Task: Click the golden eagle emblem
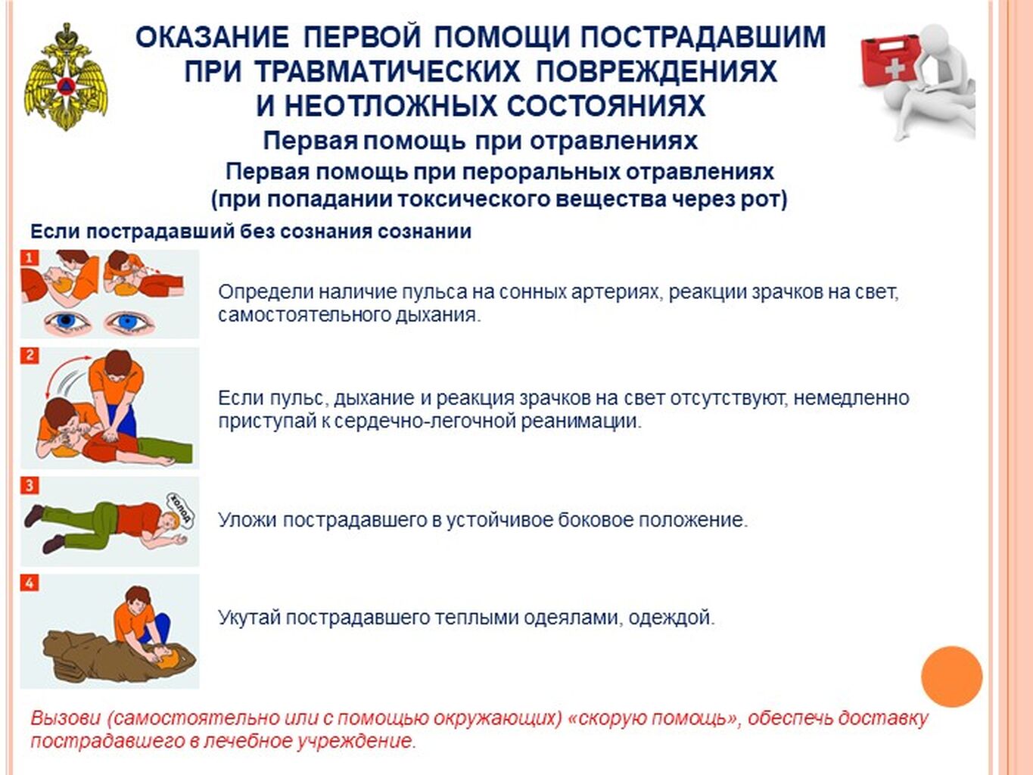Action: click(65, 76)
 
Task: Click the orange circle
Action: click(951, 676)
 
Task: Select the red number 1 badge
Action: click(30, 258)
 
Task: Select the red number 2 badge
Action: click(30, 356)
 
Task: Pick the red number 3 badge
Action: click(30, 485)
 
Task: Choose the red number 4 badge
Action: click(30, 583)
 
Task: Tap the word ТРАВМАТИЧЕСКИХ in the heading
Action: click(389, 72)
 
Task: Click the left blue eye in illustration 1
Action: click(67, 322)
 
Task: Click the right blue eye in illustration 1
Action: click(128, 322)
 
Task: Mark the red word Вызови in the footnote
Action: click(66, 718)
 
